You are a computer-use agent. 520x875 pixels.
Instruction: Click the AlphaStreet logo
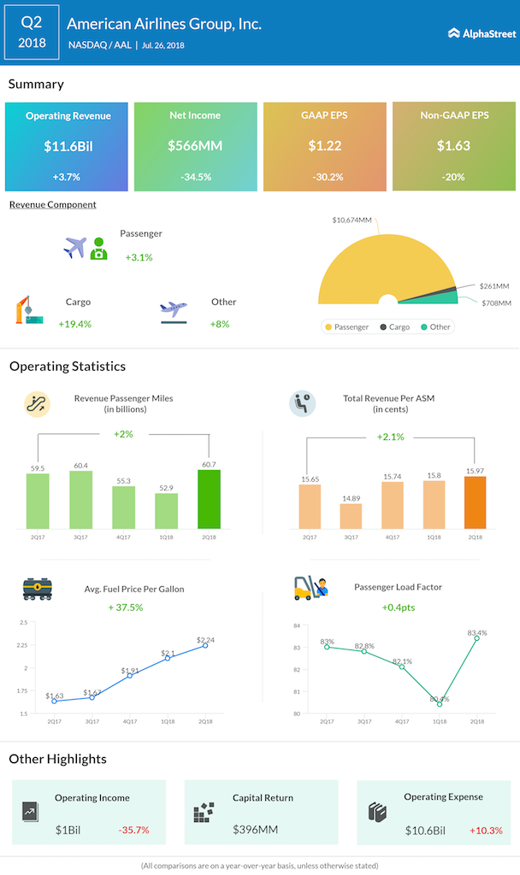pos(482,33)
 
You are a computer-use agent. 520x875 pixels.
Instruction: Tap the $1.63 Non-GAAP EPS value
pos(454,146)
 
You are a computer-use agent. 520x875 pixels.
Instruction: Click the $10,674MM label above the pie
pos(352,221)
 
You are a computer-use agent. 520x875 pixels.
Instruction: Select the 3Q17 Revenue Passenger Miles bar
pos(80,501)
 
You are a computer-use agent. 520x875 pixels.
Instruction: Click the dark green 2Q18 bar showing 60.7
pos(209,500)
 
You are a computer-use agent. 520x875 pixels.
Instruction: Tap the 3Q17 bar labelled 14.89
pos(351,516)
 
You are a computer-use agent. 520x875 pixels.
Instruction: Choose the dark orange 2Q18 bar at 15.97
pos(475,503)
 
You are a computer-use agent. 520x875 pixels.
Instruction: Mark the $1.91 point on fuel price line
pos(128,676)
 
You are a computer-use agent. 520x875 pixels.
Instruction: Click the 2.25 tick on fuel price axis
pos(22,645)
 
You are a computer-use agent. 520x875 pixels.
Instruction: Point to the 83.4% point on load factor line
pos(476,637)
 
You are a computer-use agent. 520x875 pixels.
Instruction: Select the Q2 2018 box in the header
pos(32,32)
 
